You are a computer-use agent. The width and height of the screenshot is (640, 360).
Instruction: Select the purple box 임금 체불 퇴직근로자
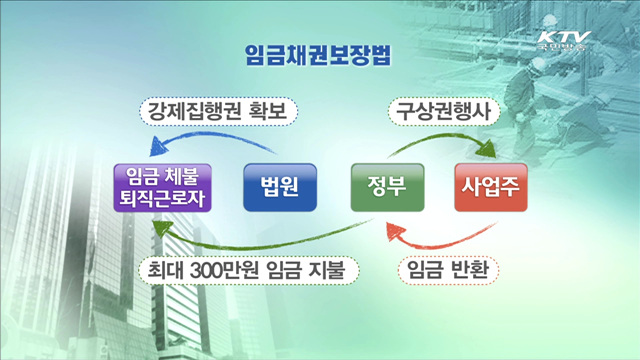(161, 187)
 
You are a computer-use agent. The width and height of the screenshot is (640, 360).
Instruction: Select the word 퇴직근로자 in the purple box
(161, 198)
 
